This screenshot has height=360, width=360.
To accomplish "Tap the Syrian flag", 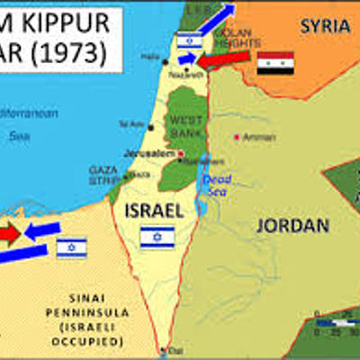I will [x=275, y=63].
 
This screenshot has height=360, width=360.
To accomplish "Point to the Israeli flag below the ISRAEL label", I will [x=157, y=237].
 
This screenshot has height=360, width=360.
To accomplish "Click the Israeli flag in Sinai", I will [x=71, y=247].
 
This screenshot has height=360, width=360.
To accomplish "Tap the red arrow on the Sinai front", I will [x=10, y=234].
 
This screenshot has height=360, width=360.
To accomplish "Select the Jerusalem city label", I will [x=154, y=153].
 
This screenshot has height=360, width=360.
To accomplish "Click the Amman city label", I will [x=253, y=137].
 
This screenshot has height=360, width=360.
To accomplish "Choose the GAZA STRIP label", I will [x=103, y=173].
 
